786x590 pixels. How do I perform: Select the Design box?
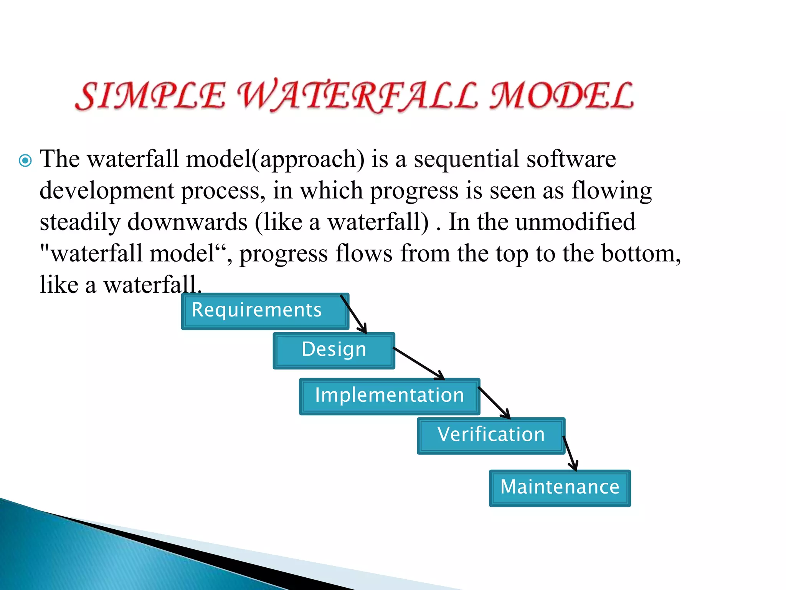334,350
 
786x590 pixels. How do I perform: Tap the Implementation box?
389,396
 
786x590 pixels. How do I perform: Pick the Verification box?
490,435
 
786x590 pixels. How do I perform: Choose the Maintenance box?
560,488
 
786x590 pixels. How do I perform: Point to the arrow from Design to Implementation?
419,364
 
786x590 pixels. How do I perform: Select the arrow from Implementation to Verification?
494,403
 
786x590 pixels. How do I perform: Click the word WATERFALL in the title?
357,96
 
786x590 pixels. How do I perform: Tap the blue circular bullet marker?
25,160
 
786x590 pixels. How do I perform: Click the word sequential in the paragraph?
466,159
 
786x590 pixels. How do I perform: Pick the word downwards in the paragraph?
187,222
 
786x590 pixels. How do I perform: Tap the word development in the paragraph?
107,191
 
